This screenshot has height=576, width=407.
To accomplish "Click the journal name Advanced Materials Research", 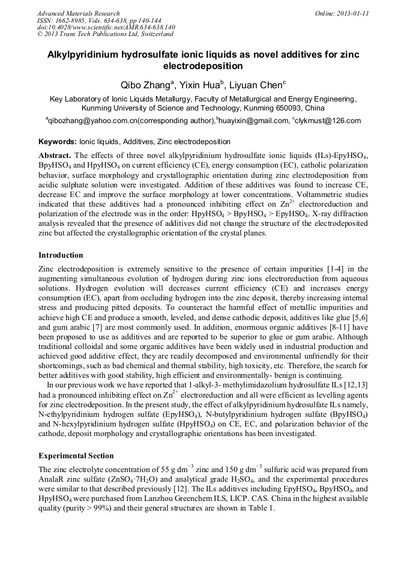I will (x=78, y=13).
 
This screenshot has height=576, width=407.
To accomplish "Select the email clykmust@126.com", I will (x=328, y=121).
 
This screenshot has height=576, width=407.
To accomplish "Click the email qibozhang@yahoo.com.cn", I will (x=93, y=121).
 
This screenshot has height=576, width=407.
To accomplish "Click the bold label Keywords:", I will (x=57, y=142).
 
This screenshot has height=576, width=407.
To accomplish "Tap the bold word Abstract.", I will (x=55, y=155).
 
